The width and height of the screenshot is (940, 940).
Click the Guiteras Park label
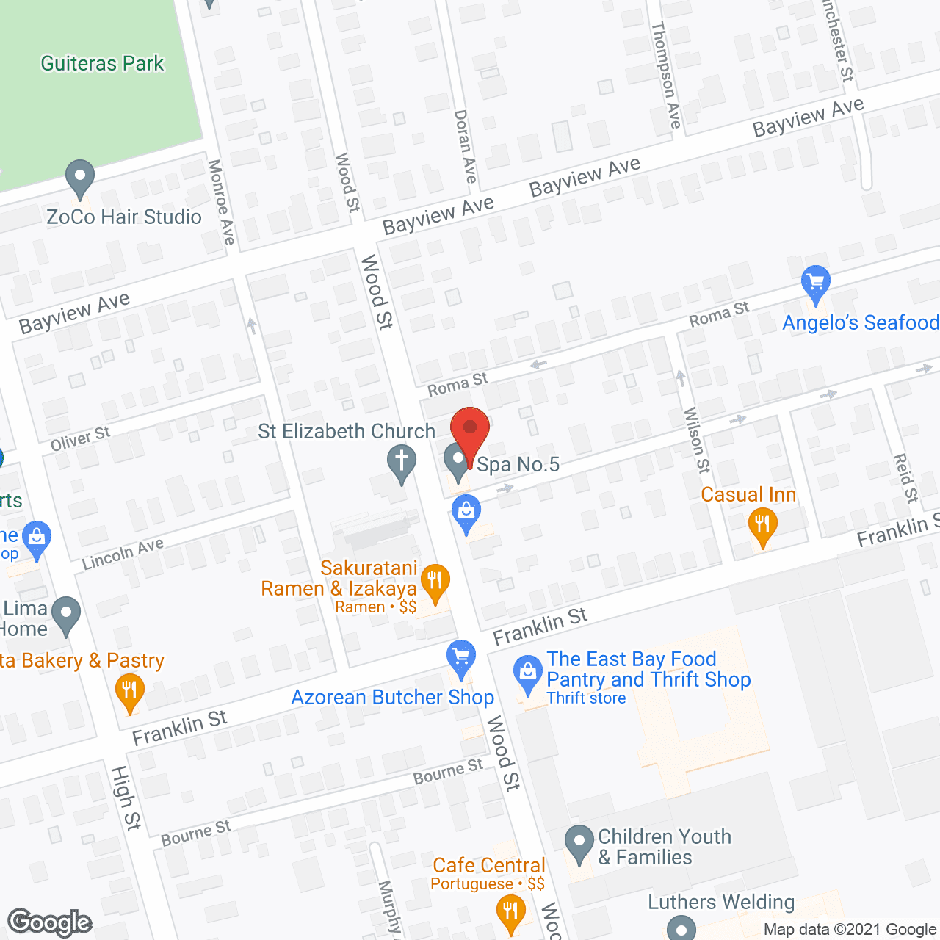click(x=102, y=64)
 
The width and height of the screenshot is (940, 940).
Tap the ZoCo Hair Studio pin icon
click(x=80, y=178)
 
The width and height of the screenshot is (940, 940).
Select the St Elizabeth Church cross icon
click(x=402, y=463)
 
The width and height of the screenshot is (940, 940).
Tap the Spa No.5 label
click(x=518, y=464)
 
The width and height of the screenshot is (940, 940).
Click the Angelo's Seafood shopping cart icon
click(x=815, y=283)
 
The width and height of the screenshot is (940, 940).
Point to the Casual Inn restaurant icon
click(x=762, y=526)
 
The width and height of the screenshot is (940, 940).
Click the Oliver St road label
click(x=80, y=438)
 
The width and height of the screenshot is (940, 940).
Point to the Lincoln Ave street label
click(x=123, y=554)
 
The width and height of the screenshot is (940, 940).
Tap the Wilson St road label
click(x=697, y=440)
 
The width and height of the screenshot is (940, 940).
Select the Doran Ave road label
click(x=466, y=146)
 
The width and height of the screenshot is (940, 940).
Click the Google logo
click(x=50, y=922)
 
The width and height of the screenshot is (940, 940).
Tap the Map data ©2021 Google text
click(x=850, y=930)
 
